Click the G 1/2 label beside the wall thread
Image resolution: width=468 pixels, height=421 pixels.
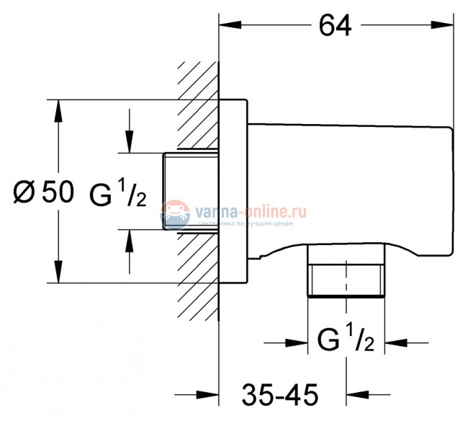point(118,194)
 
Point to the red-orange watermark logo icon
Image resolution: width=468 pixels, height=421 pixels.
point(174,214)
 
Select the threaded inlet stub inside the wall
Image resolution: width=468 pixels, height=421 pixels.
point(192,192)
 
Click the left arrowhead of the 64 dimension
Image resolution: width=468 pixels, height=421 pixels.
point(229,27)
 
